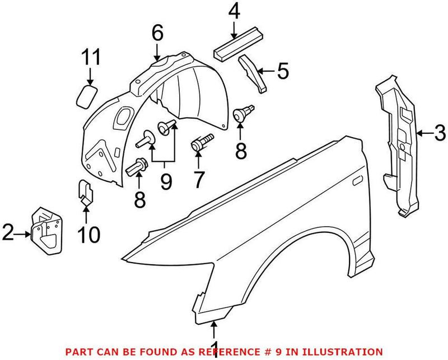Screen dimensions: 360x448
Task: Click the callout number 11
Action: [91, 58]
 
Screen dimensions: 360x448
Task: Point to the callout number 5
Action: [283, 71]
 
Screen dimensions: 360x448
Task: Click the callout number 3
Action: [440, 134]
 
